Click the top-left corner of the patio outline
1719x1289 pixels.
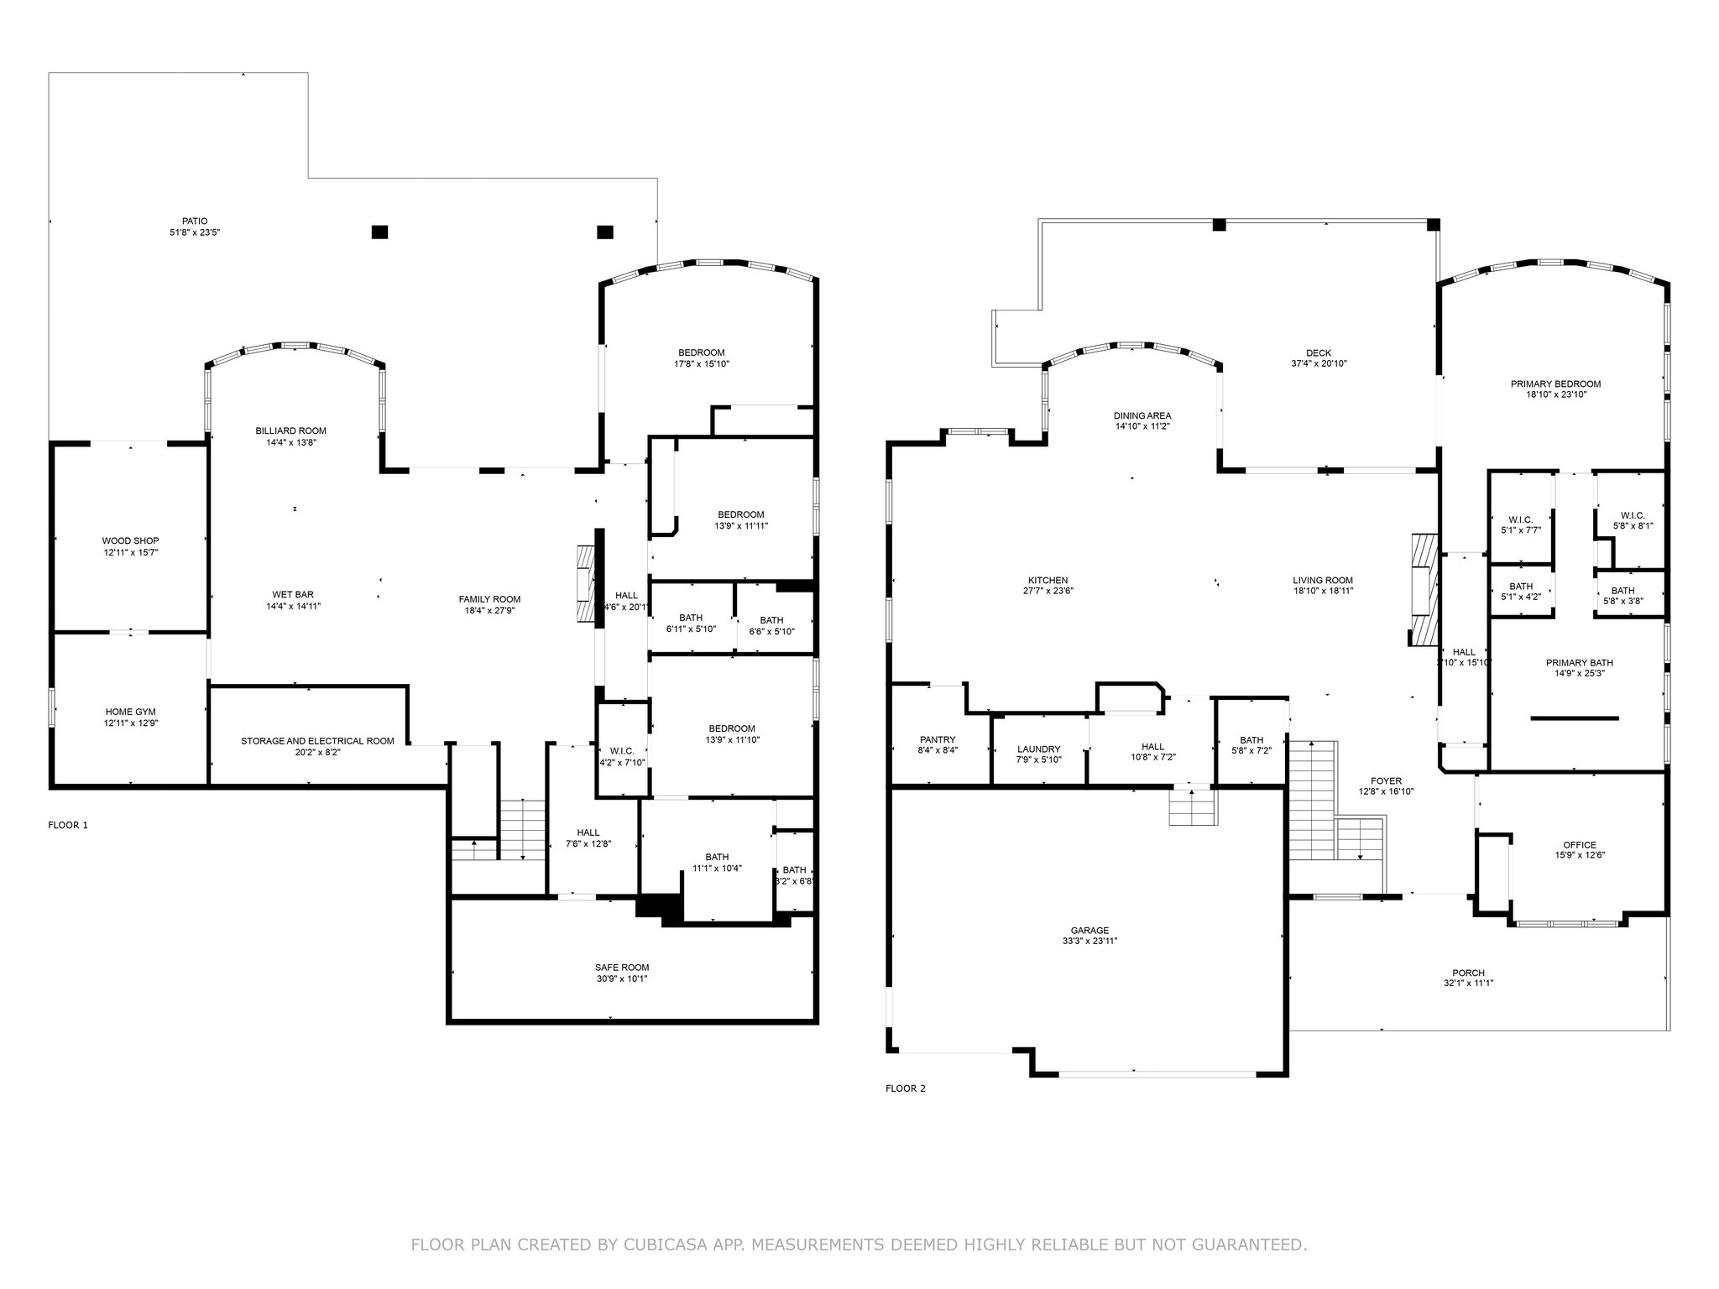point(49,73)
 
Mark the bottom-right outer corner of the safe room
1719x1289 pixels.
point(818,1023)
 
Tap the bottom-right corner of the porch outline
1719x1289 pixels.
point(1669,1031)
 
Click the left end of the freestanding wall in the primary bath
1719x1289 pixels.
point(1532,718)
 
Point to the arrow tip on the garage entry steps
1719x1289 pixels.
point(1192,790)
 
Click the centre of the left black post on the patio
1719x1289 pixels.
point(380,232)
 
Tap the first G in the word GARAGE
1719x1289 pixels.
point(1074,930)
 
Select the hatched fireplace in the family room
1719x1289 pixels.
point(585,583)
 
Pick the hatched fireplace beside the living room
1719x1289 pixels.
point(1424,591)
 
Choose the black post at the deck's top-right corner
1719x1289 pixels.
point(1434,224)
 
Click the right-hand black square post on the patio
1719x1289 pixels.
point(605,232)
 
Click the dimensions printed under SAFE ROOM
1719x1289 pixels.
point(622,978)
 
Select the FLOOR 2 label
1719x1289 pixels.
point(906,1088)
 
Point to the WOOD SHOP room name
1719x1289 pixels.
point(131,540)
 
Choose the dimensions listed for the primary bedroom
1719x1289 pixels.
point(1555,394)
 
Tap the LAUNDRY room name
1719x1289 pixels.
point(1039,749)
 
